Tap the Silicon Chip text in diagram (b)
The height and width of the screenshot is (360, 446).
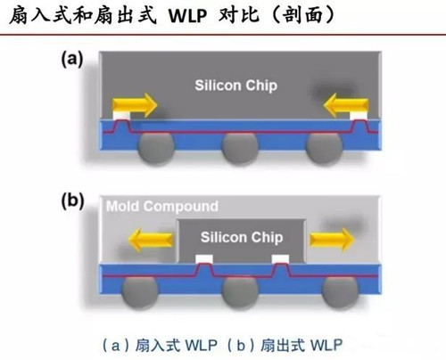[241, 237]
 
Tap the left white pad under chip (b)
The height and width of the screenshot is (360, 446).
[203, 258]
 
